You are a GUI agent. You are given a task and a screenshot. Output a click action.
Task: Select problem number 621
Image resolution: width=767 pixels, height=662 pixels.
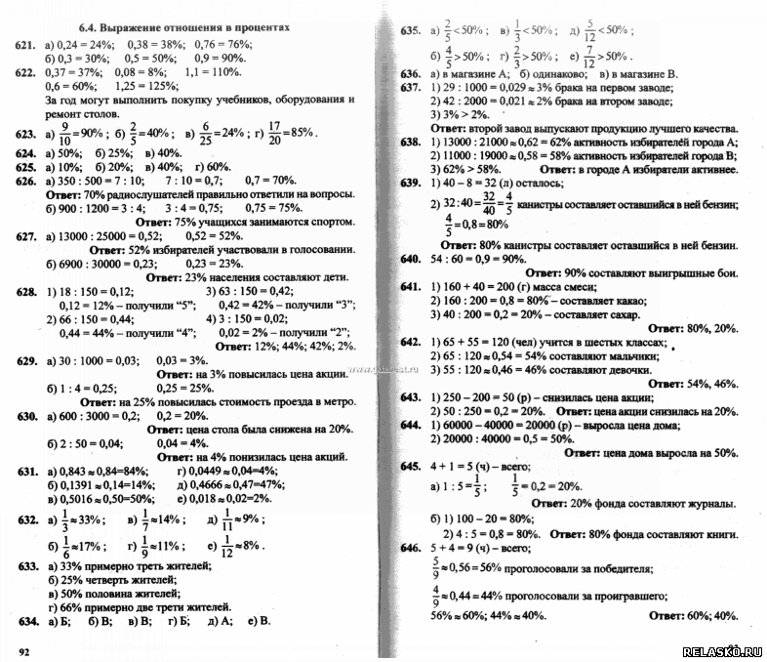click(26, 44)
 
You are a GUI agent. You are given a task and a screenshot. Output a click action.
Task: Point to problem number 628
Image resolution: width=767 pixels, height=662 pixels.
click(26, 291)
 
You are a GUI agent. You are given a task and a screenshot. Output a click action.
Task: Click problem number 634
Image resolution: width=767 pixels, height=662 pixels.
click(27, 620)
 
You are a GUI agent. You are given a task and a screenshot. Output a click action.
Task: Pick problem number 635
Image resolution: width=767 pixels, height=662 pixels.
click(410, 31)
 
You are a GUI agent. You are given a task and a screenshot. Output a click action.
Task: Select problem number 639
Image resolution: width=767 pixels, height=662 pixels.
click(410, 183)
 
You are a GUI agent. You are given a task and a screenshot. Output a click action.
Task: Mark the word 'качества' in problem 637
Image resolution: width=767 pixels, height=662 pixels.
click(705, 128)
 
